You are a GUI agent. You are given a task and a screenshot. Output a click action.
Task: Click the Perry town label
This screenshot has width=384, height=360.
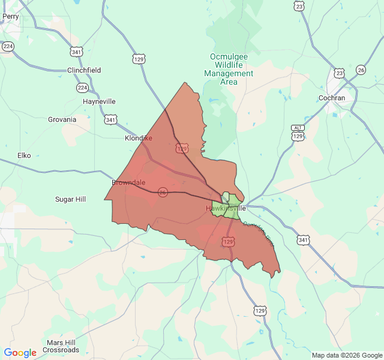click(x=10, y=17)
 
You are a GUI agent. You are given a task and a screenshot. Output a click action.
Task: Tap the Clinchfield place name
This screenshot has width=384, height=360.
click(x=84, y=70)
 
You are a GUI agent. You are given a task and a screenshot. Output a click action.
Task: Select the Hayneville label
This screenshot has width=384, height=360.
click(x=99, y=101)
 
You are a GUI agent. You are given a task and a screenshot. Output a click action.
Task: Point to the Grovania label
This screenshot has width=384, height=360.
click(x=62, y=119)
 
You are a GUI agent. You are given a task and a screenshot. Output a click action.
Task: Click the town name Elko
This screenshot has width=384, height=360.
click(x=24, y=155)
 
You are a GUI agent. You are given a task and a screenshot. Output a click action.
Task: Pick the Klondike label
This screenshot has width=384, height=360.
click(x=138, y=138)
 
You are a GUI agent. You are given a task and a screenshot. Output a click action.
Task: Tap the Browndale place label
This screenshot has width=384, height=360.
click(x=128, y=182)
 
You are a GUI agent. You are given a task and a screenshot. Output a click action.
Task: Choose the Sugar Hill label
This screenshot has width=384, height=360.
click(x=70, y=199)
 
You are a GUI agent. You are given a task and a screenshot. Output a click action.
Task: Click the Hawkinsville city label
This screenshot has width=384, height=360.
click(x=226, y=208)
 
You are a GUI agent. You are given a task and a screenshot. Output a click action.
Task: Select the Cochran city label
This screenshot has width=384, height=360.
click(x=332, y=98)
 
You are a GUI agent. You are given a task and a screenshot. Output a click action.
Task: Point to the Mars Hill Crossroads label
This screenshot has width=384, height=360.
click(x=61, y=346)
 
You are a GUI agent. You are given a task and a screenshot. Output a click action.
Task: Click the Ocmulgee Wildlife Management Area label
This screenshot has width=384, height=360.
click(x=229, y=69)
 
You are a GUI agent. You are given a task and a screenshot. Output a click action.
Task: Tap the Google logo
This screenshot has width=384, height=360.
click(x=20, y=353)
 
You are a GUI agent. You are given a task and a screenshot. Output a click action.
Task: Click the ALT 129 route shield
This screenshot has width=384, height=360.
click(x=298, y=133)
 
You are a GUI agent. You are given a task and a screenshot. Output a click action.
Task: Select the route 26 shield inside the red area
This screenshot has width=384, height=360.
click(x=163, y=192)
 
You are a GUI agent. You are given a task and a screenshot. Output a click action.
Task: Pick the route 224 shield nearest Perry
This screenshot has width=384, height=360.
click(x=8, y=46)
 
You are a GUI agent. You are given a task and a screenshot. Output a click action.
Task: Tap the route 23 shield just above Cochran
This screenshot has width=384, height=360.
click(x=340, y=73)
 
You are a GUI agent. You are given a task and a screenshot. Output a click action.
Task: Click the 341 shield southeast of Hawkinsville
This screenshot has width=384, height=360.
click(x=303, y=240)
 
